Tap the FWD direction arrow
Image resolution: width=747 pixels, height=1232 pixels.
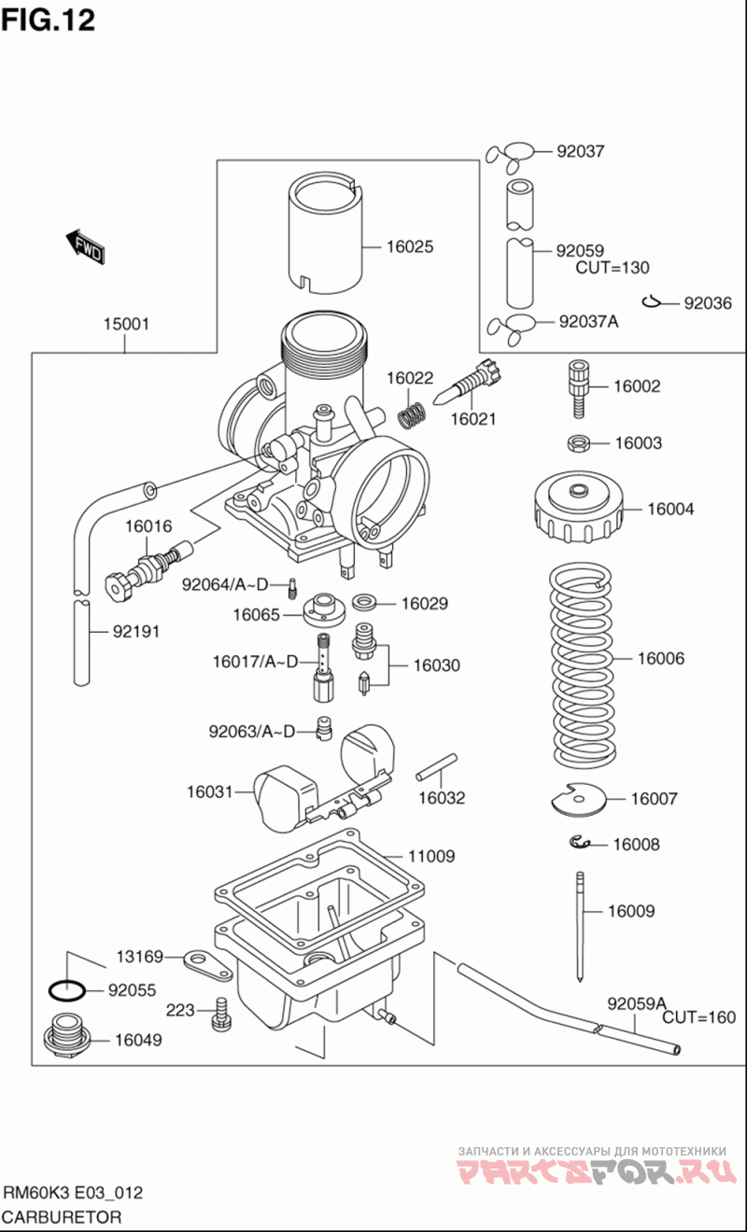click(x=85, y=246)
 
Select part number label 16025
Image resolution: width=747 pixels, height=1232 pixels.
click(x=410, y=247)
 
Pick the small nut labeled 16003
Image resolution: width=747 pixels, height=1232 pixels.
click(x=577, y=441)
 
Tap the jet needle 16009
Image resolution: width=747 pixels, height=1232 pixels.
click(x=581, y=924)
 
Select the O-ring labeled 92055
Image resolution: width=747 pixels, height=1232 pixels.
click(x=67, y=989)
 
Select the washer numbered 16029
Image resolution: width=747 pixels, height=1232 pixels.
click(x=365, y=603)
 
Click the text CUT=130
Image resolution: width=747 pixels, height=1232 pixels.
click(x=613, y=268)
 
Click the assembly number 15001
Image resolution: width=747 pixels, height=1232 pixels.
click(x=126, y=324)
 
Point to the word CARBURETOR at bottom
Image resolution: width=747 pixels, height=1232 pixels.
click(x=62, y=1217)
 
